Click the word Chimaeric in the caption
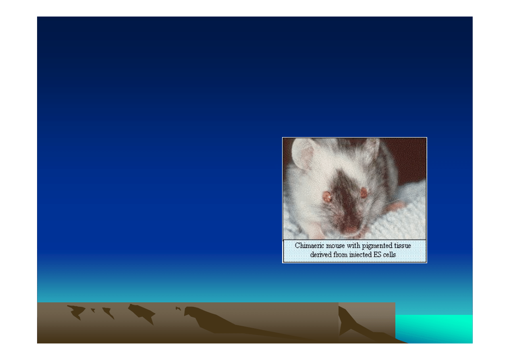pos(309,246)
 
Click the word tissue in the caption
pos(403,246)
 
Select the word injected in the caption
pos(362,255)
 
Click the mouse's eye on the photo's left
pos(326,197)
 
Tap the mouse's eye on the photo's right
pos(364,193)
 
